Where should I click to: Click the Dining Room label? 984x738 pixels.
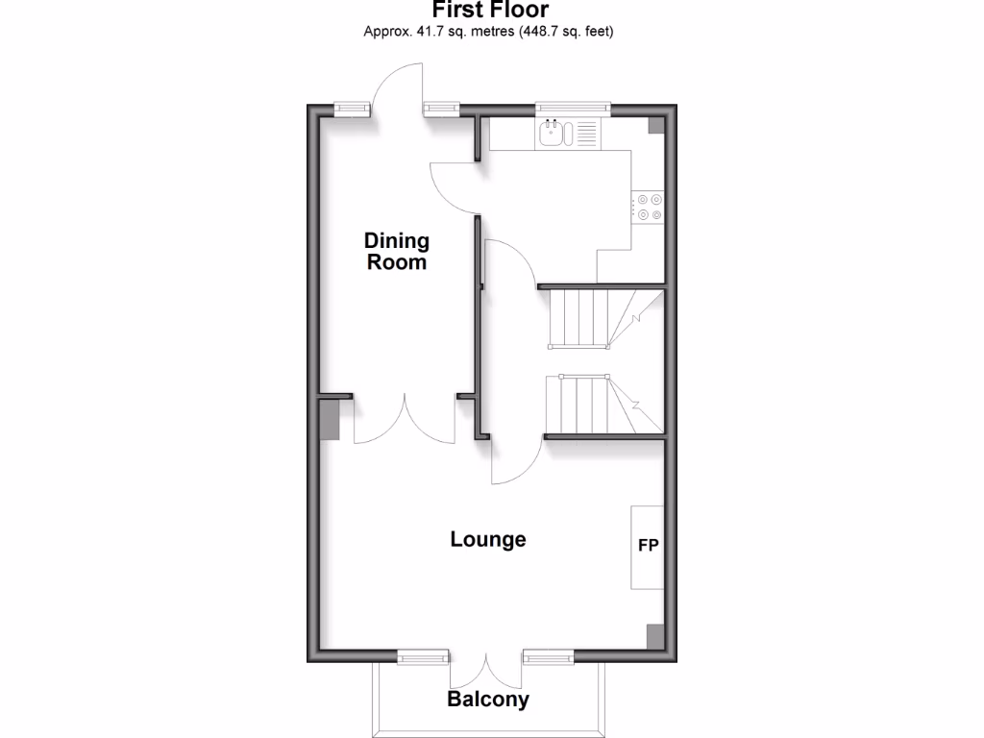point(397,251)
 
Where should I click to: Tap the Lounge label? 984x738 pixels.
point(488,539)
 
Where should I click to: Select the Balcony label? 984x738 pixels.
point(488,700)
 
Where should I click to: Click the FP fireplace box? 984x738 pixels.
point(648,547)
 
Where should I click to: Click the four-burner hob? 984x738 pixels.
point(648,208)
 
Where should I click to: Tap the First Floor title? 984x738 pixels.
point(490,11)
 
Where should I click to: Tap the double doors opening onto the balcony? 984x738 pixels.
point(486,668)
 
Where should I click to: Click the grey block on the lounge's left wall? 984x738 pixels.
point(329,420)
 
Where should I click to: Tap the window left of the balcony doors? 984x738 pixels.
point(424,657)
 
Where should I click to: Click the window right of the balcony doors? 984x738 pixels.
point(549,657)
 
